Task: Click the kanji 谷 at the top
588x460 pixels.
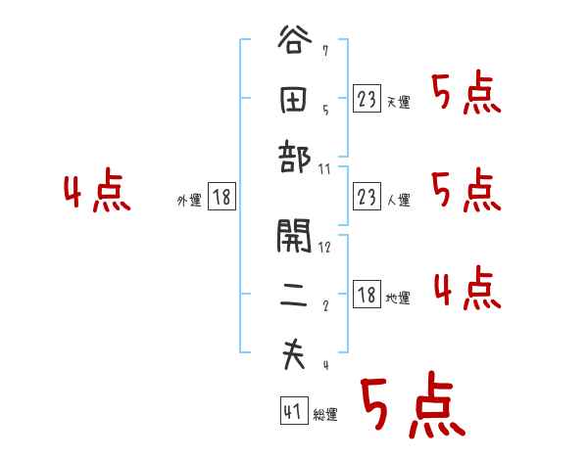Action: coord(293,44)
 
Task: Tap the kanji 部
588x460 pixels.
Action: coord(293,157)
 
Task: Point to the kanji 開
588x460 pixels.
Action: coord(293,236)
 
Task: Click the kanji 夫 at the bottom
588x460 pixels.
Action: coord(293,354)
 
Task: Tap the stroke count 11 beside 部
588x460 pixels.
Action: coord(325,169)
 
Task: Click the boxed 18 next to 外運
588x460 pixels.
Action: coord(221,198)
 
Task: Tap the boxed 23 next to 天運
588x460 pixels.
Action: coord(367,99)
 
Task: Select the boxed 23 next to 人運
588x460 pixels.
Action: coord(367,198)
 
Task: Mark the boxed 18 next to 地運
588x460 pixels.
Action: coord(367,296)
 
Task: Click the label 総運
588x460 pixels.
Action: coord(325,415)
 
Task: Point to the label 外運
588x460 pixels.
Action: coord(189,201)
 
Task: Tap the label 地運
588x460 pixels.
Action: coord(398,299)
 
